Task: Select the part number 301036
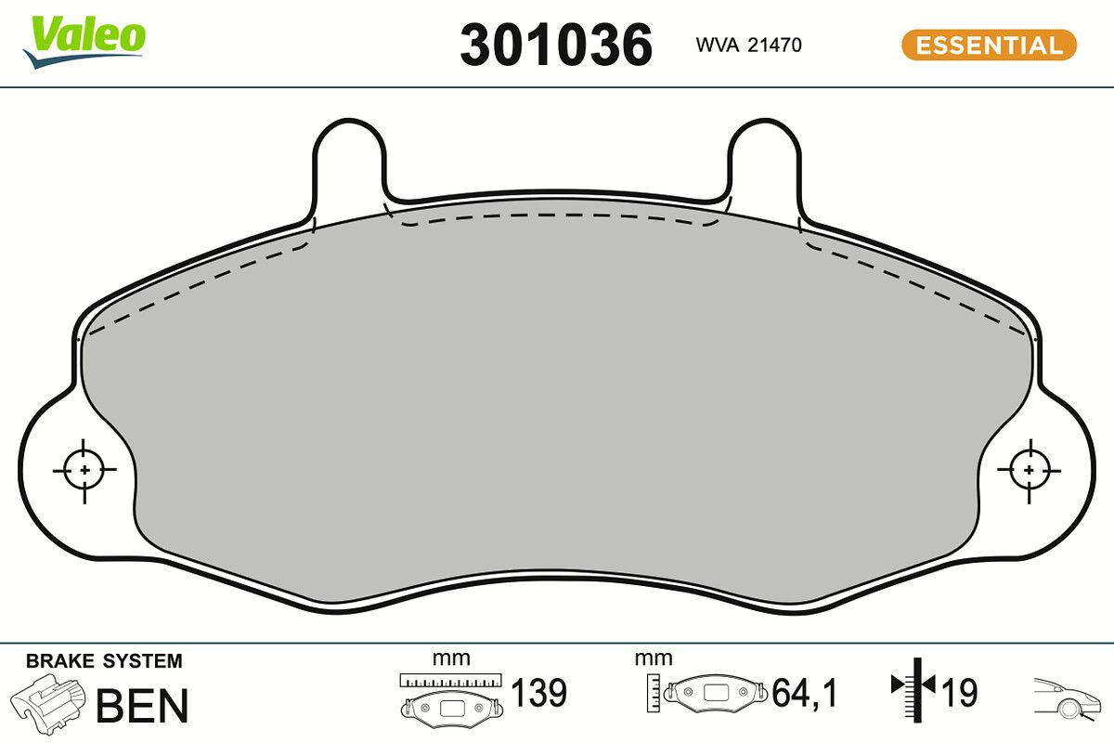[556, 45]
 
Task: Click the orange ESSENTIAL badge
[989, 45]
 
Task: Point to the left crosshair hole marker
[84, 470]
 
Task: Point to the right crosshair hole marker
[1029, 470]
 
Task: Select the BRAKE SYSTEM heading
[104, 661]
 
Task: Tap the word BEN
[142, 705]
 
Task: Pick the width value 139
[539, 693]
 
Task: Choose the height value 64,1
[805, 693]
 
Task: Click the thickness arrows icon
[915, 687]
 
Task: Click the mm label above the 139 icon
[451, 658]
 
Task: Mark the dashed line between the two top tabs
[557, 215]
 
